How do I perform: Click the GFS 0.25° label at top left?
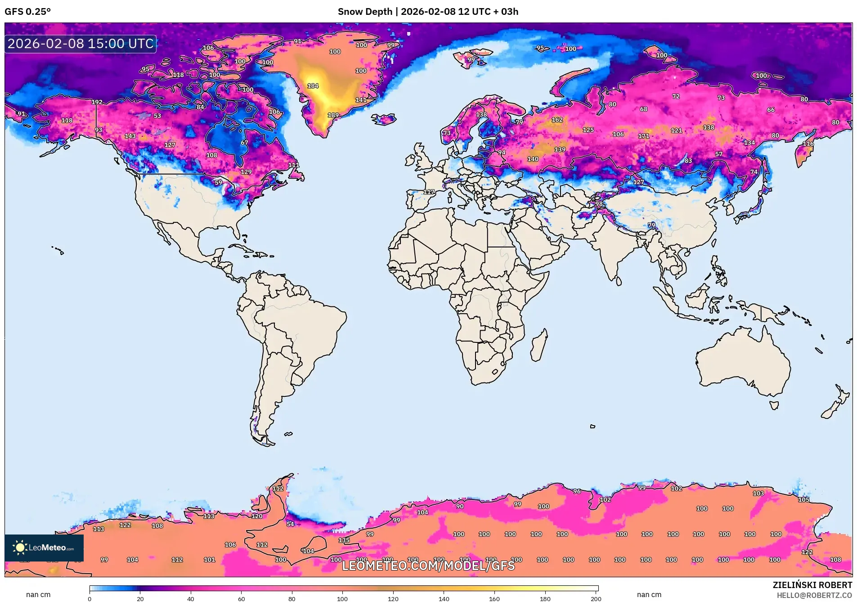(27, 12)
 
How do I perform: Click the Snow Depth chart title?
(428, 12)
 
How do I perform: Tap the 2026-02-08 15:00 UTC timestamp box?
(81, 44)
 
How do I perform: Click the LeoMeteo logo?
(44, 548)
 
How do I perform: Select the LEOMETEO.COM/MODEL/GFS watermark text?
(428, 566)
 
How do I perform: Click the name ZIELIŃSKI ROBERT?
(812, 585)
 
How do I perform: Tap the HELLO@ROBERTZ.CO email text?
(814, 595)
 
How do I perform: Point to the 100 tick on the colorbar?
(342, 598)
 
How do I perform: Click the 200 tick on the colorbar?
(596, 598)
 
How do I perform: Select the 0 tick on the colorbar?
(90, 598)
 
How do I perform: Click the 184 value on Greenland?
(313, 86)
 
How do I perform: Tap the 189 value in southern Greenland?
(333, 115)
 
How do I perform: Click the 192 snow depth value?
(97, 102)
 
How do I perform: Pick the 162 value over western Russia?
(557, 120)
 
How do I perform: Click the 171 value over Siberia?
(643, 136)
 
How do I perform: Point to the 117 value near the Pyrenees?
(429, 192)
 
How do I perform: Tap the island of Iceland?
(383, 119)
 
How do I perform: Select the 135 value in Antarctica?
(344, 540)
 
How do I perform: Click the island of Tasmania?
(774, 405)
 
